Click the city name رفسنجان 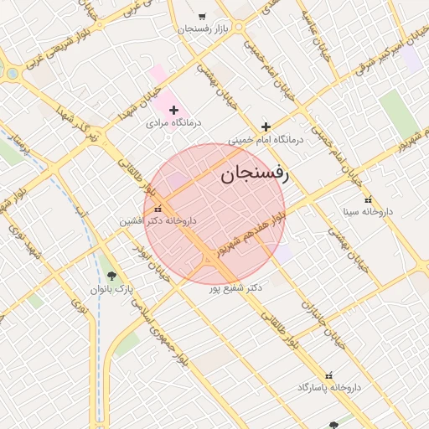(254, 175)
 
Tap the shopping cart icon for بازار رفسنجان (201, 16)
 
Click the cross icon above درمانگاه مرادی (174, 110)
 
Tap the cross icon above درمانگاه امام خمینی (266, 127)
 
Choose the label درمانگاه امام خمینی (266, 140)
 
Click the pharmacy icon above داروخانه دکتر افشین (158, 208)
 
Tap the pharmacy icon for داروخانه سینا (368, 199)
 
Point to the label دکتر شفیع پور (236, 287)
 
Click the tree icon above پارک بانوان (112, 276)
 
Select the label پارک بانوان (112, 289)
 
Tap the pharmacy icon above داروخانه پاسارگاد (328, 375)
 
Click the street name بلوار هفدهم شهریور (251, 235)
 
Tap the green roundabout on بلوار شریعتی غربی (12, 74)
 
